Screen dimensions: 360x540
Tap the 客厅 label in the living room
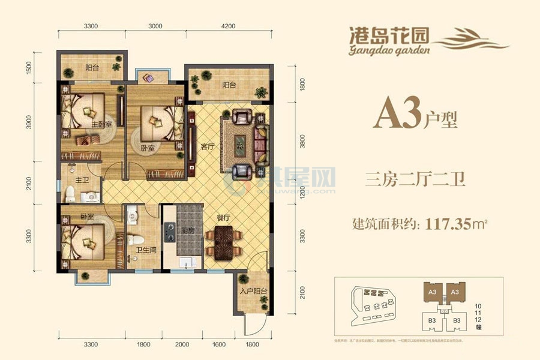[208, 146]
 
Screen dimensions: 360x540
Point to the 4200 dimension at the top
[229, 26]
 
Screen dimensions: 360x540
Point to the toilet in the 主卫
[71, 194]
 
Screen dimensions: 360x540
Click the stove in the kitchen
[170, 228]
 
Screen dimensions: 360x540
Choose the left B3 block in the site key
[431, 320]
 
